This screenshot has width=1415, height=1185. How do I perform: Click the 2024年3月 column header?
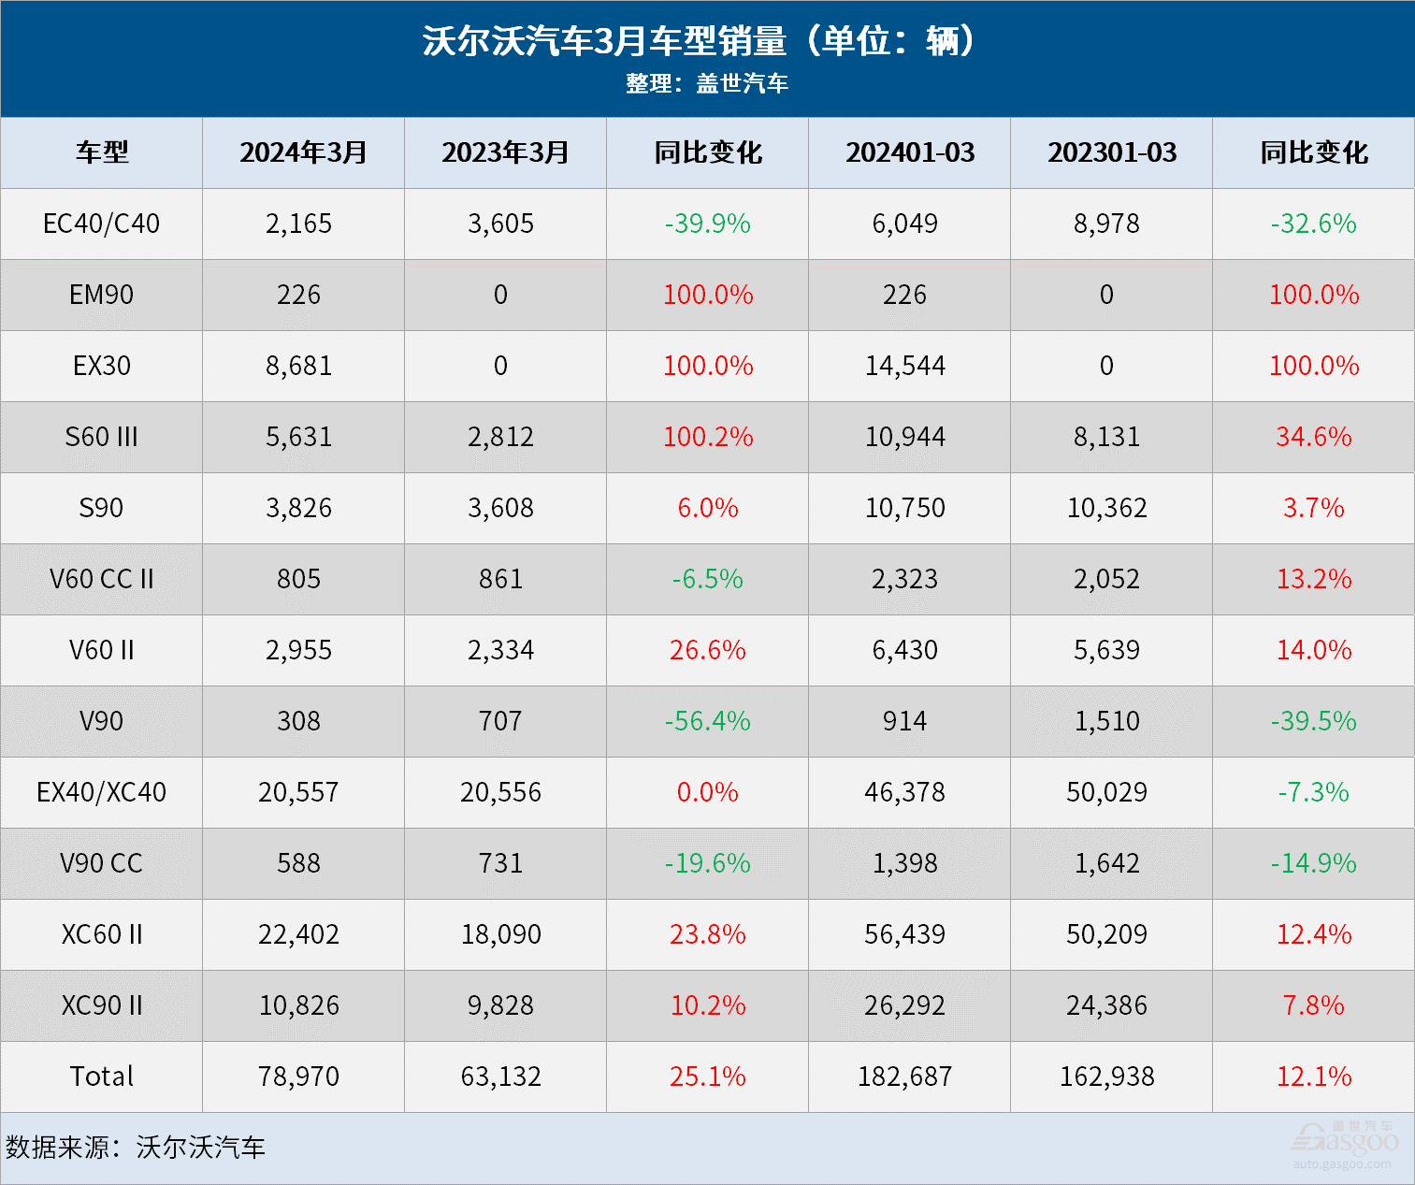point(303,152)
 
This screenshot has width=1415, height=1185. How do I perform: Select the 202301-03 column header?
point(1112,152)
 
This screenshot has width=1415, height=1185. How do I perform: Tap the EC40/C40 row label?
point(101,224)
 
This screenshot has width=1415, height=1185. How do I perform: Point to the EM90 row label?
point(101,295)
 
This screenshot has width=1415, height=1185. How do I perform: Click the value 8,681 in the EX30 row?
point(299,366)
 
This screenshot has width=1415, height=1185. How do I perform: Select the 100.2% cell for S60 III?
point(708,437)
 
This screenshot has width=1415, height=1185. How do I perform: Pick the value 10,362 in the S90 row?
point(1107,508)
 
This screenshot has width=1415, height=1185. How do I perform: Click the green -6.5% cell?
point(708,579)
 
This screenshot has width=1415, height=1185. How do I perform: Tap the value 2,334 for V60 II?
point(500,650)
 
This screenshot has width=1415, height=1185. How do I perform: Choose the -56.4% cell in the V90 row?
point(708,721)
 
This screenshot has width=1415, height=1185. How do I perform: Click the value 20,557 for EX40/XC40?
point(299,792)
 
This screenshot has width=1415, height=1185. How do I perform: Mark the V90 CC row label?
point(101,863)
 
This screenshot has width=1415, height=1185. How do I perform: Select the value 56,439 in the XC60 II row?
point(904,934)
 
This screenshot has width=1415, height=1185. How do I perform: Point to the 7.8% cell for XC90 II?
point(1313,1005)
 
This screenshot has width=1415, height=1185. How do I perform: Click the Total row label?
point(101,1077)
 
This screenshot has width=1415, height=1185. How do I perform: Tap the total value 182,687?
point(904,1077)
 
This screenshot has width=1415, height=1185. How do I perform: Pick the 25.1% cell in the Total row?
point(708,1077)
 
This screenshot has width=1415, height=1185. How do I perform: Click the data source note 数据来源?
point(136,1148)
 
